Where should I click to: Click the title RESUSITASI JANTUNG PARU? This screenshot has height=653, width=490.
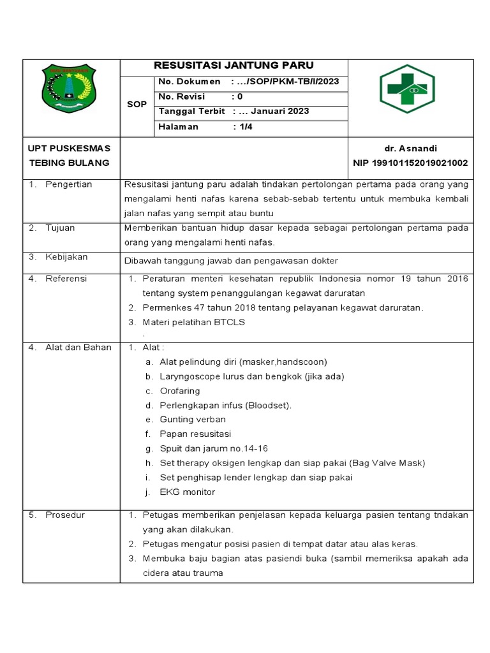tap(234, 66)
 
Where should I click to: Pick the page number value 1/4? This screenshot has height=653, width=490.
tap(246, 126)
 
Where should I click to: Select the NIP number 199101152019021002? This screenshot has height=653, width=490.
tap(410, 163)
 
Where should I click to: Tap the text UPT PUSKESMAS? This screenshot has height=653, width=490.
tap(70, 148)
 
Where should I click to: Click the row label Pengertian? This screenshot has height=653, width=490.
tap(68, 184)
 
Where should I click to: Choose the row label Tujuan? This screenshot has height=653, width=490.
tap(60, 228)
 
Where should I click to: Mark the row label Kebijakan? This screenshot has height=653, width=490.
tap(66, 257)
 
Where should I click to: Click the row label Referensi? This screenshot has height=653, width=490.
tap(66, 279)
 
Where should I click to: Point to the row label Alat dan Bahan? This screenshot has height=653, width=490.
tap(78, 348)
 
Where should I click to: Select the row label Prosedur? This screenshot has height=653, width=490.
tap(64, 515)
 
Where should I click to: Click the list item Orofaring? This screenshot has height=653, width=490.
tap(180, 390)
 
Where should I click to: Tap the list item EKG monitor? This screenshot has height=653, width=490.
tap(188, 492)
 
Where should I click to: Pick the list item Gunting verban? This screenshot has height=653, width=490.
tap(193, 419)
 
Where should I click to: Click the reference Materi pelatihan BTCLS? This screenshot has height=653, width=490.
tap(194, 322)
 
